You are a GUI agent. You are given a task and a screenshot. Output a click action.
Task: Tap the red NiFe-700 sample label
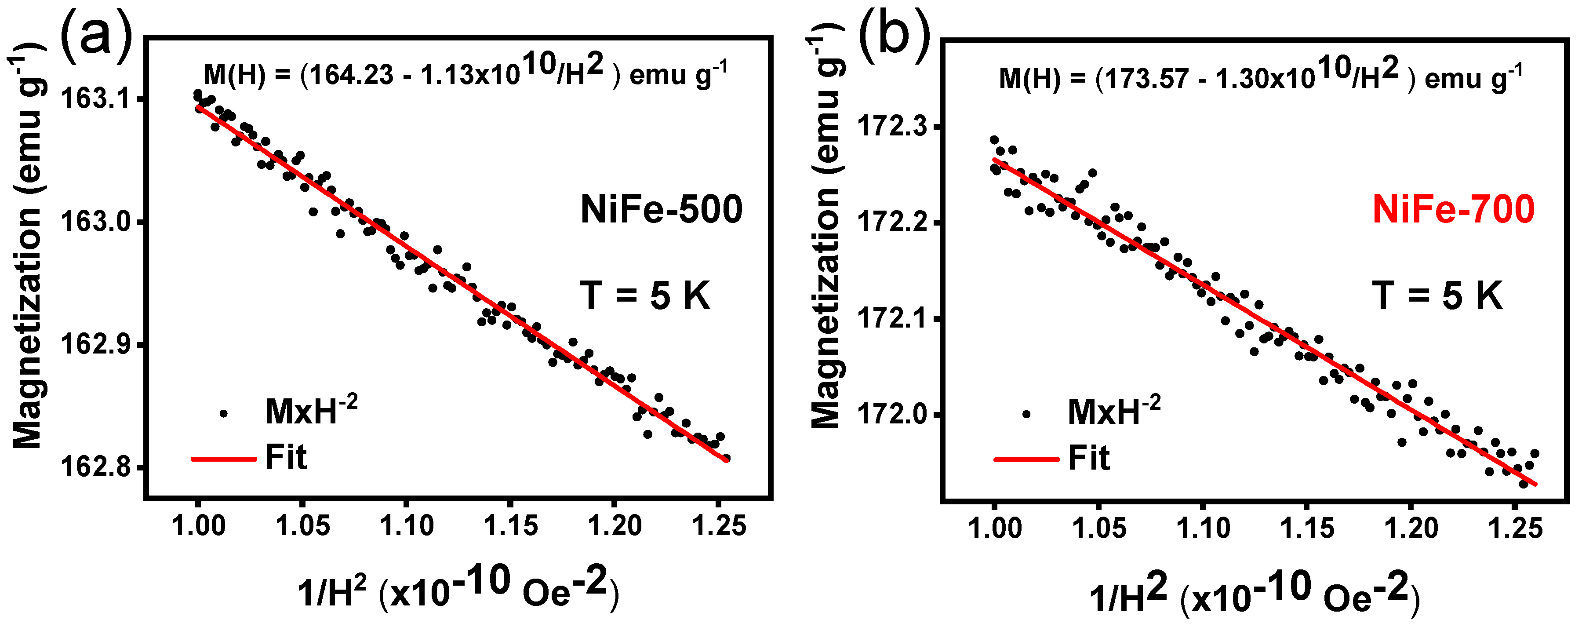[x=1453, y=209]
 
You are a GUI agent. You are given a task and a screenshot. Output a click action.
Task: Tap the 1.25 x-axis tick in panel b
[x=1516, y=528]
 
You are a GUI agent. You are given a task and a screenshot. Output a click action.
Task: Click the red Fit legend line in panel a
[x=224, y=459]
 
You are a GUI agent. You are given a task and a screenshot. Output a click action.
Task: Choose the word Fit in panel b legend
[x=1089, y=458]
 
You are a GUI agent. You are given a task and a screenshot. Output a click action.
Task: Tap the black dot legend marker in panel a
[x=224, y=414]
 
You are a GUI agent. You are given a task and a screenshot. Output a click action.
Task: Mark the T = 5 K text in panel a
[x=645, y=296]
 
